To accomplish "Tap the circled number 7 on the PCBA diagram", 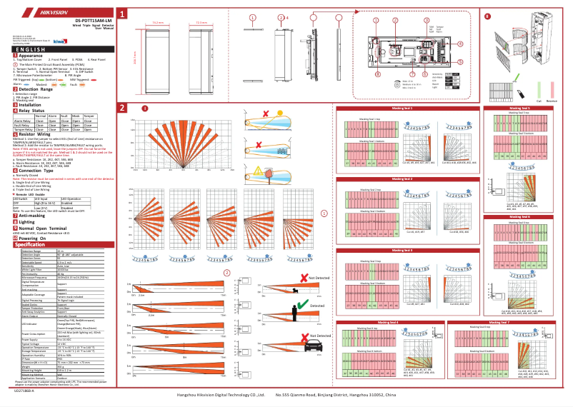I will [x=413, y=74].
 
